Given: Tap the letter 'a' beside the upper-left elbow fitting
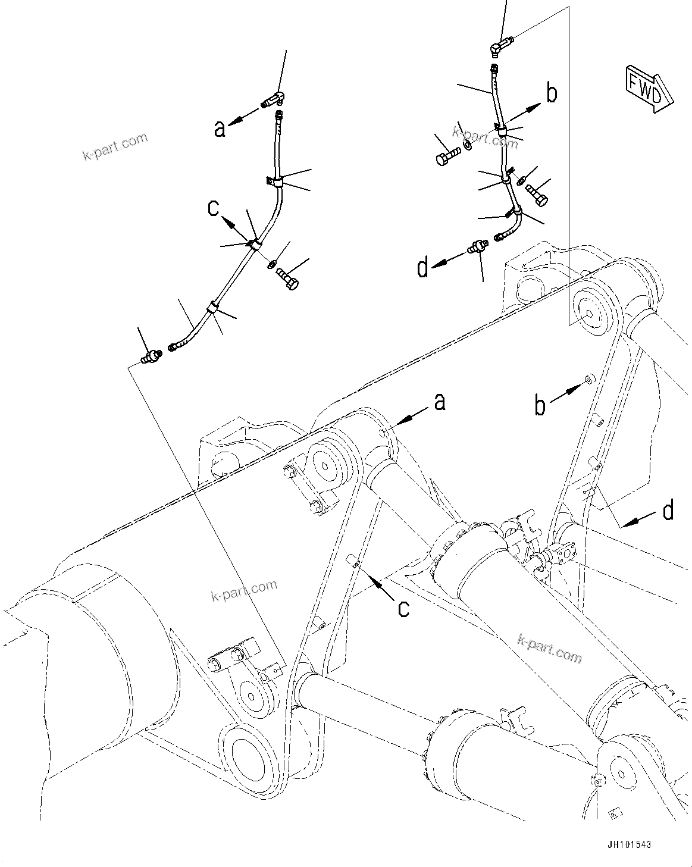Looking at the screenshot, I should (x=220, y=128).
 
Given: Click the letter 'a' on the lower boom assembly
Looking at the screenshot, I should (x=439, y=403).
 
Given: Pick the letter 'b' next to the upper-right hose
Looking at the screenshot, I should (x=552, y=93).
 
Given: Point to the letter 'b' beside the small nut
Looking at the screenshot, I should (x=540, y=406).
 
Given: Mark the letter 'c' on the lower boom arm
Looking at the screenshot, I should (x=403, y=608).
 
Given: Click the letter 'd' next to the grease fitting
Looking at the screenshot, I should (x=422, y=268).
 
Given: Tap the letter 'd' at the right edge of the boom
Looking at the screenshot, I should (x=668, y=511).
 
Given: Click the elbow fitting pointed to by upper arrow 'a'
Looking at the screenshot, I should (x=275, y=99).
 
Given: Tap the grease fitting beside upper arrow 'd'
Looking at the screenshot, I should (x=477, y=246).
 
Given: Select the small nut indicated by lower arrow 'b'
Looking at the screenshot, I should (x=588, y=380).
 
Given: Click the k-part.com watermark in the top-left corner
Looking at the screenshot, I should (x=115, y=147).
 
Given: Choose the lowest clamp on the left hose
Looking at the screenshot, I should (x=211, y=308).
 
